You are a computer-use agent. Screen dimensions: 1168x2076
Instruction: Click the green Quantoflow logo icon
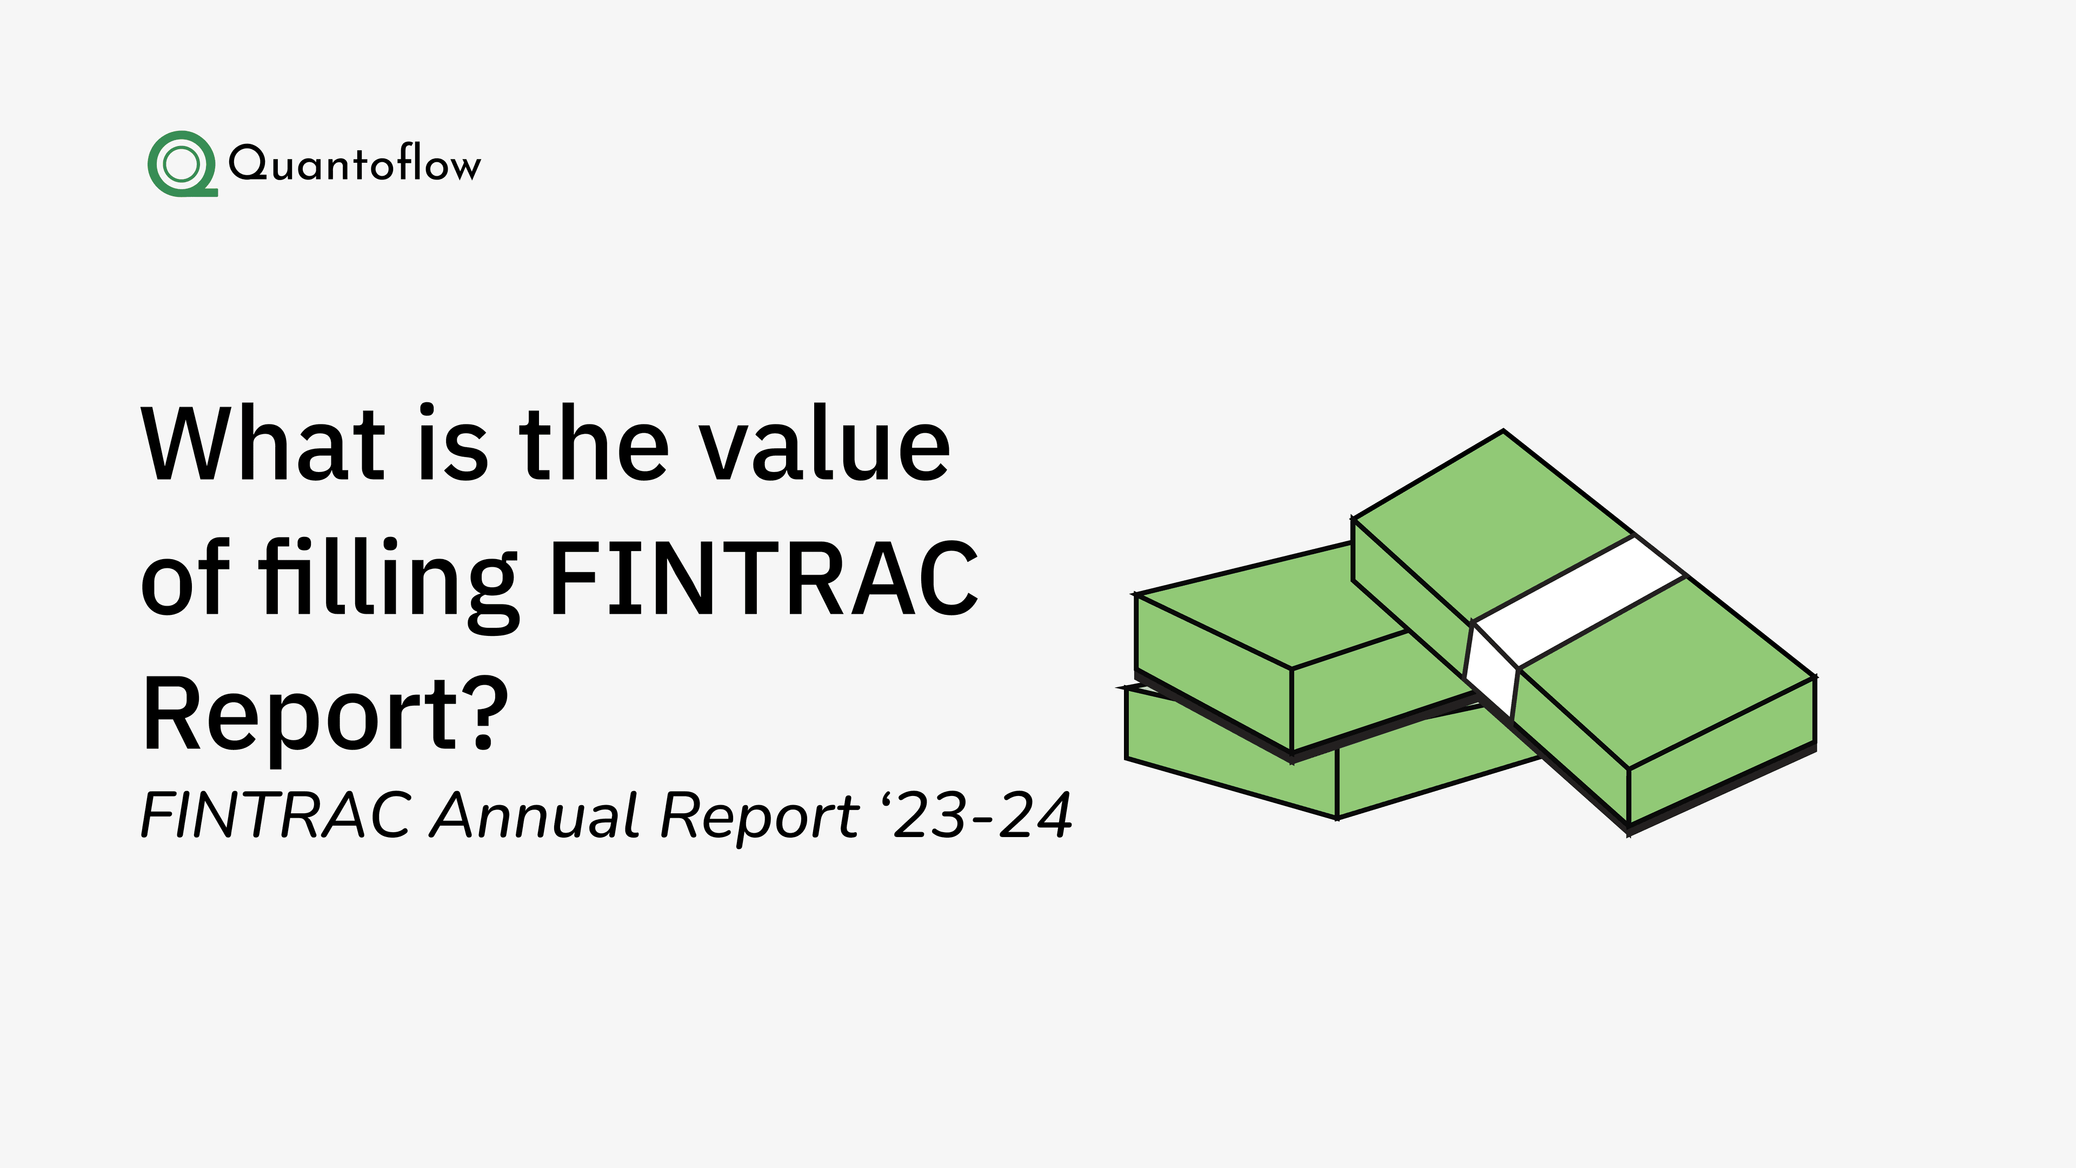tap(181, 164)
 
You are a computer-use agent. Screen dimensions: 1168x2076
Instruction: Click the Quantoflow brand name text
tap(355, 164)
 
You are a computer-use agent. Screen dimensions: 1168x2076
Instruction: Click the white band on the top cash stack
tap(1580, 601)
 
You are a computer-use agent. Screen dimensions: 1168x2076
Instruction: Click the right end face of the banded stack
tap(1721, 754)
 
